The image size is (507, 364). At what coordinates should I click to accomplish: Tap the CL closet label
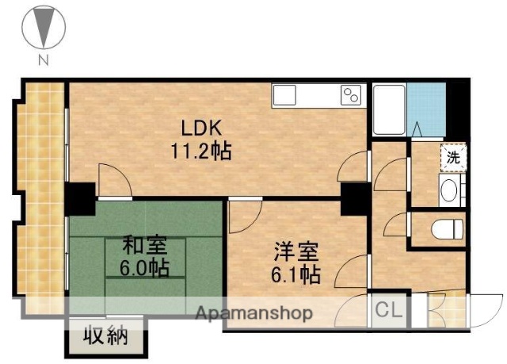[x=387, y=309]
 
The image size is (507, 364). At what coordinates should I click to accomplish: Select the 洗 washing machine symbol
[x=452, y=157]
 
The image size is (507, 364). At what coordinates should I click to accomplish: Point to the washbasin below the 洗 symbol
[x=450, y=190]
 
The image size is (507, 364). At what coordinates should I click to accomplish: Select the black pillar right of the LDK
[x=353, y=198]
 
